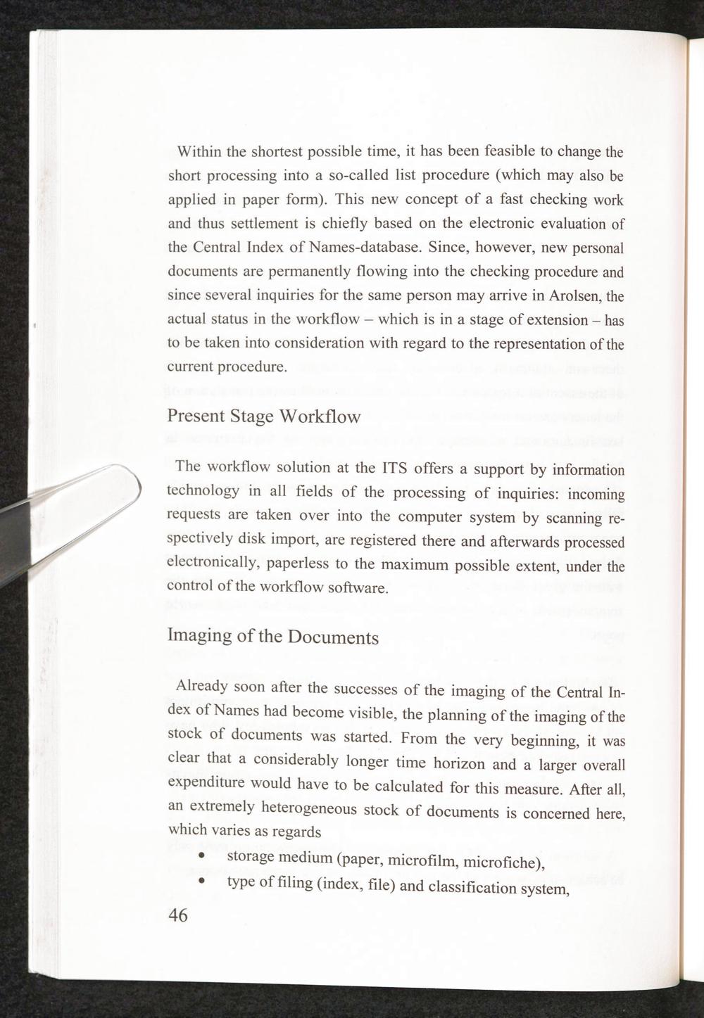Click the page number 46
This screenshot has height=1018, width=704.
[x=178, y=915]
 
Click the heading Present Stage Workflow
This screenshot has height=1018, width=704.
[x=264, y=416]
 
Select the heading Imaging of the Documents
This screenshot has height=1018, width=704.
[x=273, y=636]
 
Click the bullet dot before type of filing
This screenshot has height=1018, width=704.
[x=202, y=881]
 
